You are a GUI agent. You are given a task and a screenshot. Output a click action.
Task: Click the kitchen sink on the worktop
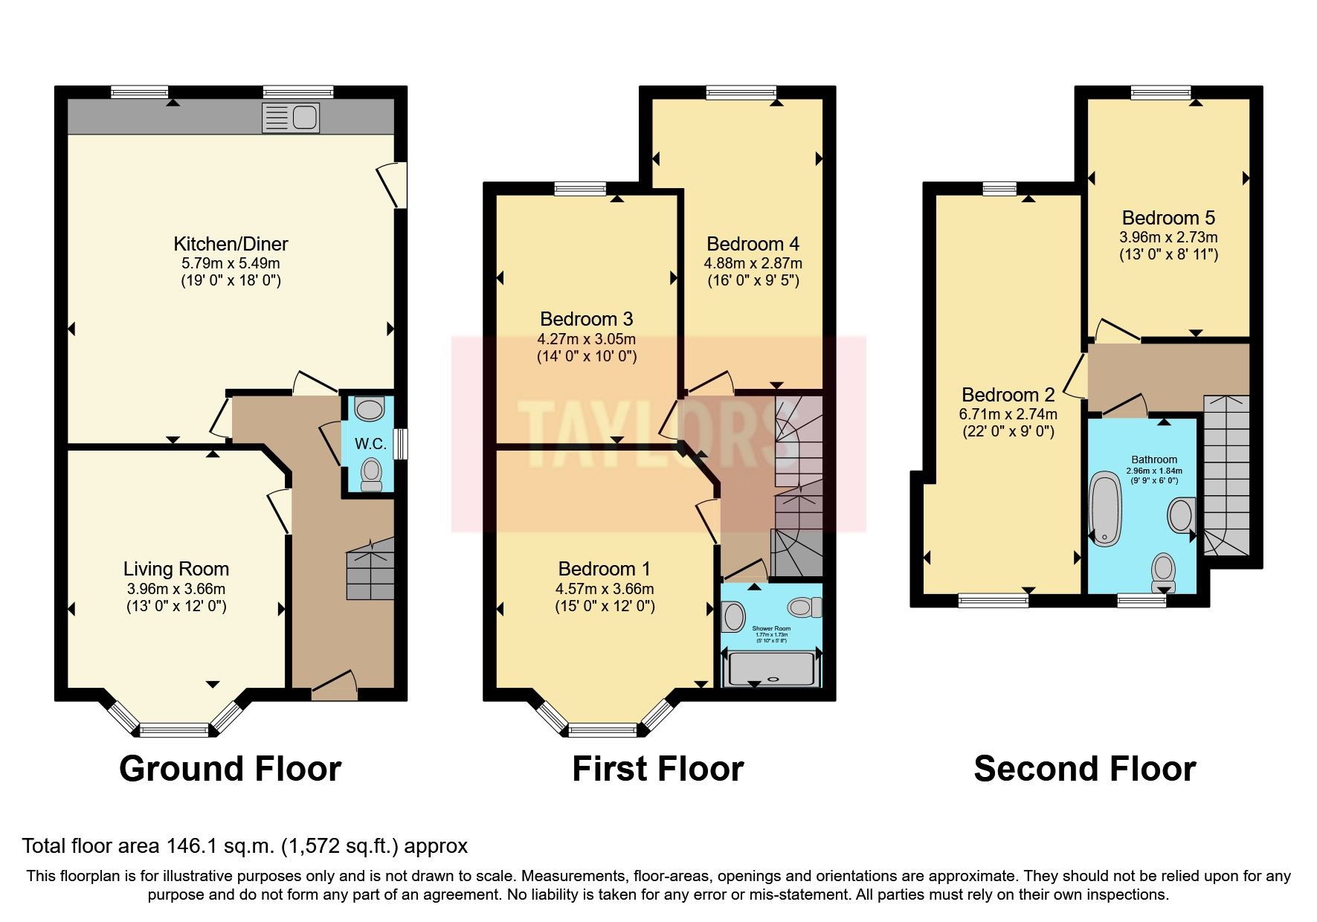pyautogui.click(x=291, y=117)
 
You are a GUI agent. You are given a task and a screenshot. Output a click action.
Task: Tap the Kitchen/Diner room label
pyautogui.click(x=231, y=244)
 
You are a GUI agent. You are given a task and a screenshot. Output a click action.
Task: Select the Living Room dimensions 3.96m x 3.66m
pyautogui.click(x=176, y=589)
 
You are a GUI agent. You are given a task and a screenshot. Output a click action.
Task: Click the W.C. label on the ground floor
pyautogui.click(x=370, y=444)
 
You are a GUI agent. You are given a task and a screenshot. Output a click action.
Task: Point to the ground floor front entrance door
pyautogui.click(x=334, y=686)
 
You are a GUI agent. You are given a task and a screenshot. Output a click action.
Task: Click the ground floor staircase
pyautogui.click(x=370, y=570)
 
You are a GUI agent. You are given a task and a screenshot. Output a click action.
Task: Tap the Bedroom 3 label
pyautogui.click(x=586, y=319)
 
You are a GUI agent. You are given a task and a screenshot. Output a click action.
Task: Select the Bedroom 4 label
pyautogui.click(x=753, y=244)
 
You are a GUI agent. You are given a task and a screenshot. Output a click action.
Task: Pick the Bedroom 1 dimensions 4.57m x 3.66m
pyautogui.click(x=605, y=589)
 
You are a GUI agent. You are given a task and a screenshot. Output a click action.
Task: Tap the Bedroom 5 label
pyautogui.click(x=1168, y=218)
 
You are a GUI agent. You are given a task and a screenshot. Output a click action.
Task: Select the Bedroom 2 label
pyautogui.click(x=1008, y=395)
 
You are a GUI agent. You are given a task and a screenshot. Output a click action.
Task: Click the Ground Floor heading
pyautogui.click(x=230, y=769)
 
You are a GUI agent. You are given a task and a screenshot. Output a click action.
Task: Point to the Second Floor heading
pyautogui.click(x=1084, y=769)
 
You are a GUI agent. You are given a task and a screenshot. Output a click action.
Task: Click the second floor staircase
pyautogui.click(x=1226, y=476)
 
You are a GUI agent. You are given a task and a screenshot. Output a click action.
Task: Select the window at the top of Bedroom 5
pyautogui.click(x=1161, y=93)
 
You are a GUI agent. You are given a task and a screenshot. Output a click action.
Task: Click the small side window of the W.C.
pyautogui.click(x=402, y=444)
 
